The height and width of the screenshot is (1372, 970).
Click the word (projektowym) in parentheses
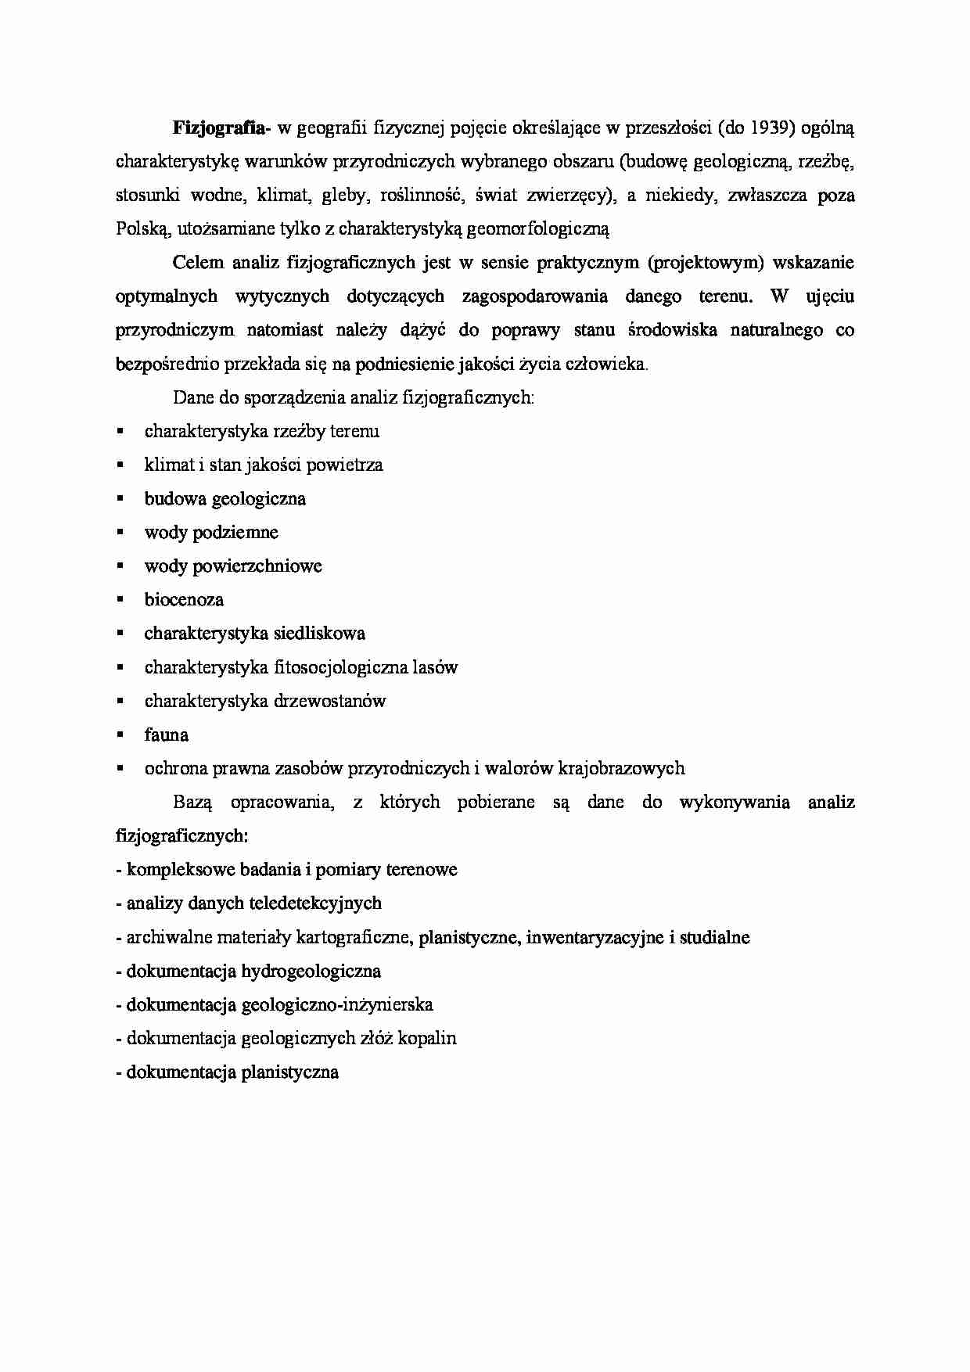[705, 263]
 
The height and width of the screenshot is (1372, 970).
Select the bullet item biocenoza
[184, 600]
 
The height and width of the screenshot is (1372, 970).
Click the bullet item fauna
[166, 735]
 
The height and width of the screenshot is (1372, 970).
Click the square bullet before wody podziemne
[120, 532]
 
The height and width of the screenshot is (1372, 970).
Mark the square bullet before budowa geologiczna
[120, 498]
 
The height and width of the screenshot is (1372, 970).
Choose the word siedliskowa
[321, 634]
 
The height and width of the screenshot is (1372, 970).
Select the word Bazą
[192, 803]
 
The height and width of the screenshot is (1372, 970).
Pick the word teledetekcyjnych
[314, 903]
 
